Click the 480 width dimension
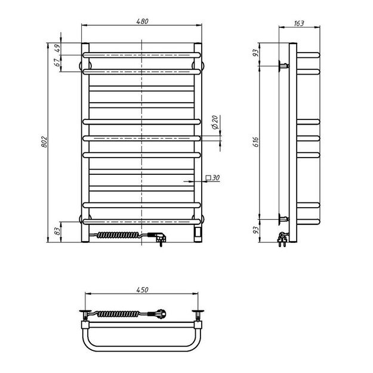pyautogui.click(x=142, y=21)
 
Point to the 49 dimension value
pyautogui.click(x=58, y=48)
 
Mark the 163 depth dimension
pyautogui.click(x=299, y=24)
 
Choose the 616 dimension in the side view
pyautogui.click(x=255, y=141)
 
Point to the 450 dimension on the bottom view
pyautogui.click(x=142, y=290)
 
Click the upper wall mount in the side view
pyautogui.click(x=282, y=66)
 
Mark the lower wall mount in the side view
pyautogui.click(x=282, y=218)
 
